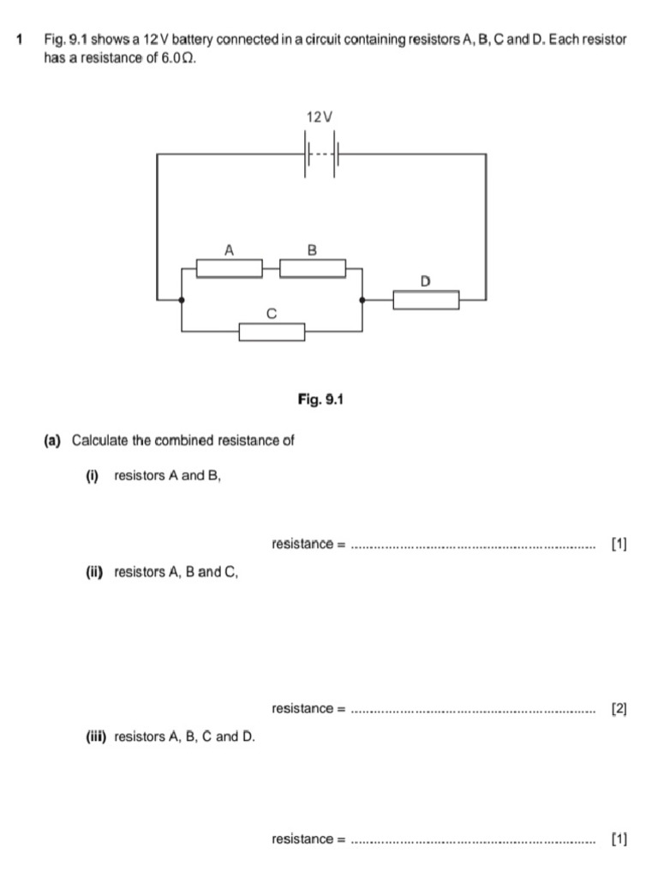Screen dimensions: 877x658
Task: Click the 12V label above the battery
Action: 319,116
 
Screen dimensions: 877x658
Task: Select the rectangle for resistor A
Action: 229,268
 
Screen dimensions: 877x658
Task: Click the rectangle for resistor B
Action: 313,268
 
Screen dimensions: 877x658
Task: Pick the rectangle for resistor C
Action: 272,331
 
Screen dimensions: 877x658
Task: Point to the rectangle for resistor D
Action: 426,300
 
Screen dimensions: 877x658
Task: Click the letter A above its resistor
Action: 229,250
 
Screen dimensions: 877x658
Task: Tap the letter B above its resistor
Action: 312,250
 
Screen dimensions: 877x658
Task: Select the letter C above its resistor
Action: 272,314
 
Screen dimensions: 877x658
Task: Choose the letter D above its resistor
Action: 426,281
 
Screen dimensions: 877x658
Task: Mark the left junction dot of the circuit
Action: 182,300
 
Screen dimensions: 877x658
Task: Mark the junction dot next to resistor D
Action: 362,300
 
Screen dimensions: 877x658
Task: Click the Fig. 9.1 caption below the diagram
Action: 320,399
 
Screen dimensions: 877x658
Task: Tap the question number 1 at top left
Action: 20,40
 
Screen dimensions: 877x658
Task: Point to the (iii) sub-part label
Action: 94,736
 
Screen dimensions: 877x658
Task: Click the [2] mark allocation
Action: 619,708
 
